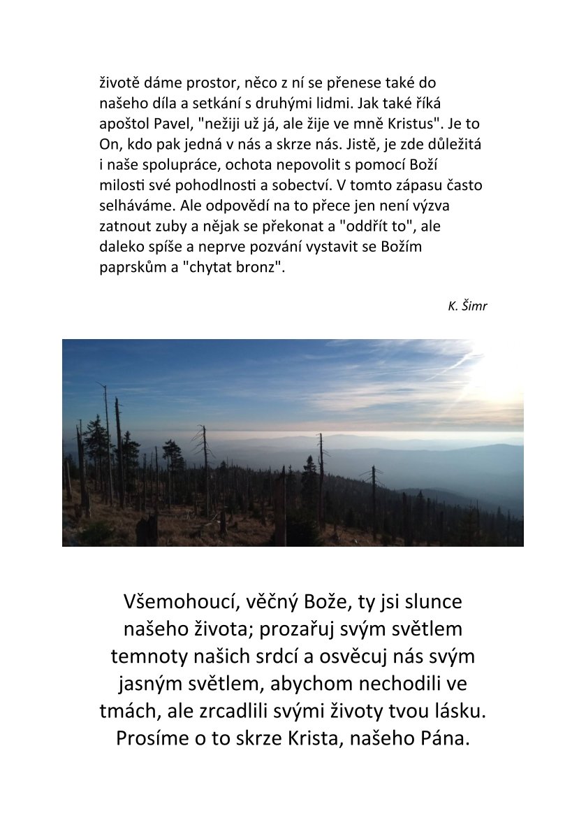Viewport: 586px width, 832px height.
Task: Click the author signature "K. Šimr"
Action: [x=467, y=306]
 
